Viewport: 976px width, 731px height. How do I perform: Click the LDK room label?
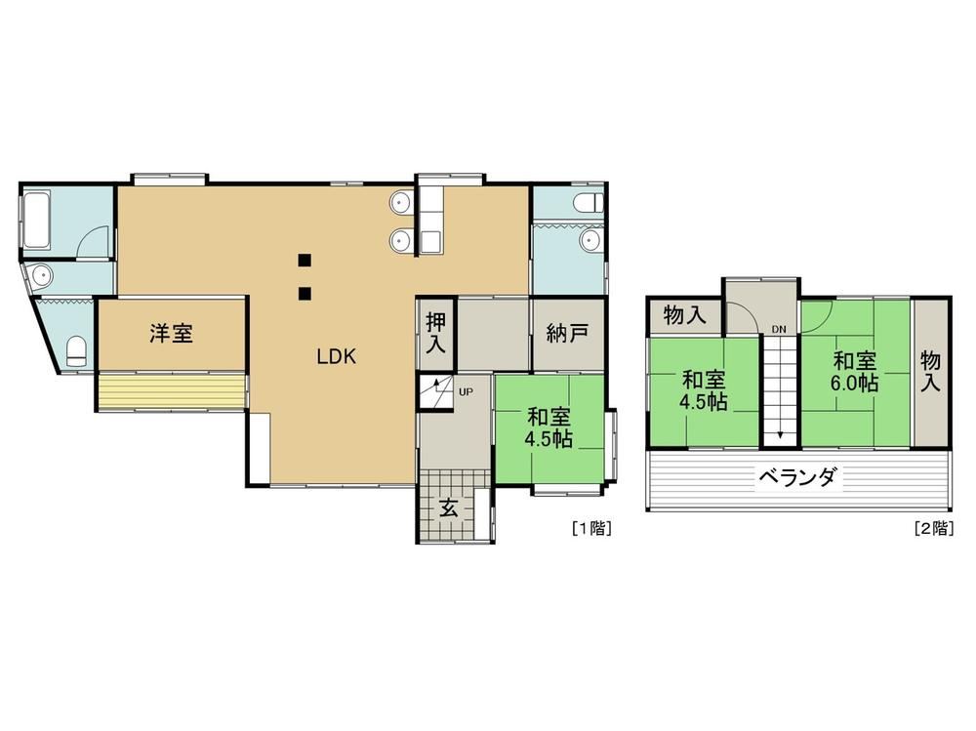(336, 357)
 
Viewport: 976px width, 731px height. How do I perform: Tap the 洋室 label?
(171, 334)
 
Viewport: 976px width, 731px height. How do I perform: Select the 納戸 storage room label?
(567, 334)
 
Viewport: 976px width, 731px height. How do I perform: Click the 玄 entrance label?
(449, 508)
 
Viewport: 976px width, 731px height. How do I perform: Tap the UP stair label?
(466, 391)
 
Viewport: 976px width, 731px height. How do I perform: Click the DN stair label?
(779, 329)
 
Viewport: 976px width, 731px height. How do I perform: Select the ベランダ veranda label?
(798, 478)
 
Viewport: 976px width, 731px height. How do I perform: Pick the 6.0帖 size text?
(855, 383)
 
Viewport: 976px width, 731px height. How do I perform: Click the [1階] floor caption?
(592, 529)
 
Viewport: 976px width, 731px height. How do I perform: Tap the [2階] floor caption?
(934, 529)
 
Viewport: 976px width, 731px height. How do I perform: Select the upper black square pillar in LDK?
(305, 260)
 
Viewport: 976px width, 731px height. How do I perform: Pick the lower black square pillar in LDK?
(305, 293)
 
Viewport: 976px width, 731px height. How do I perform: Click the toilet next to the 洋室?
(76, 351)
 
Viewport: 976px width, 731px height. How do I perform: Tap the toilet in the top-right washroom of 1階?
(590, 202)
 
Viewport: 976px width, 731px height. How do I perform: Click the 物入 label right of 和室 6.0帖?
(931, 371)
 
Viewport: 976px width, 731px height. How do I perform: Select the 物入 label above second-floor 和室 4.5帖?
(685, 315)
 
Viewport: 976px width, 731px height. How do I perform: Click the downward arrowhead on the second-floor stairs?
(780, 436)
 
